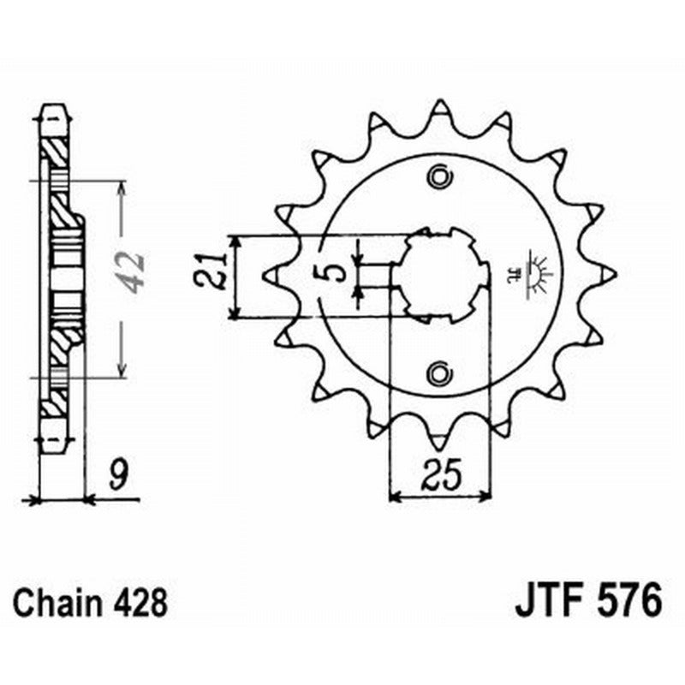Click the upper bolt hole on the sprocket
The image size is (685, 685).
[x=440, y=177]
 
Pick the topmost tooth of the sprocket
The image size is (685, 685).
[x=440, y=109]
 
